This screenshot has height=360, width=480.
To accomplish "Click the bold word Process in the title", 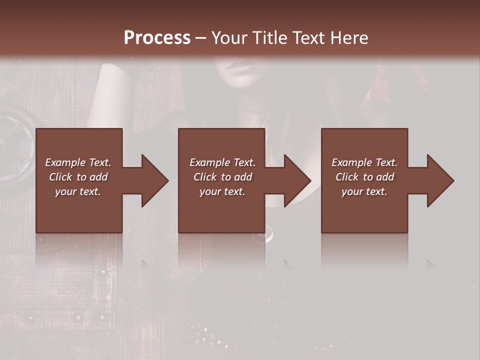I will click(157, 37).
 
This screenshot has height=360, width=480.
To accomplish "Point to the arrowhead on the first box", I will click(153, 180).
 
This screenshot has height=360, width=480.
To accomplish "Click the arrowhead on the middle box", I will click(296, 180).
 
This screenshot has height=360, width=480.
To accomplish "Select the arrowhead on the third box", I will click(439, 180).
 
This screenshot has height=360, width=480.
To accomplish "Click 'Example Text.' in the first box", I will click(78, 162).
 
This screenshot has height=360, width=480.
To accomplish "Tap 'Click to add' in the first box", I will click(78, 177).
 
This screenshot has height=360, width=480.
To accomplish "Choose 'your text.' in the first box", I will click(78, 191).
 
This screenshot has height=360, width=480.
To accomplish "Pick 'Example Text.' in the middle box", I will click(222, 162).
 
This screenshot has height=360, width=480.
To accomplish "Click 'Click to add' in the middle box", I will click(222, 177).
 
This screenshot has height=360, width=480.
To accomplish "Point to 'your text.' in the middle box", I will click(222, 191).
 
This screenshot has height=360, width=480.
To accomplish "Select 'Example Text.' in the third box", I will click(364, 162).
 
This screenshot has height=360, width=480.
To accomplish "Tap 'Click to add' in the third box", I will click(364, 177).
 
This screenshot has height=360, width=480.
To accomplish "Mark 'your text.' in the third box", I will click(364, 191).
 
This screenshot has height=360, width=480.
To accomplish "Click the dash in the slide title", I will click(201, 38).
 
